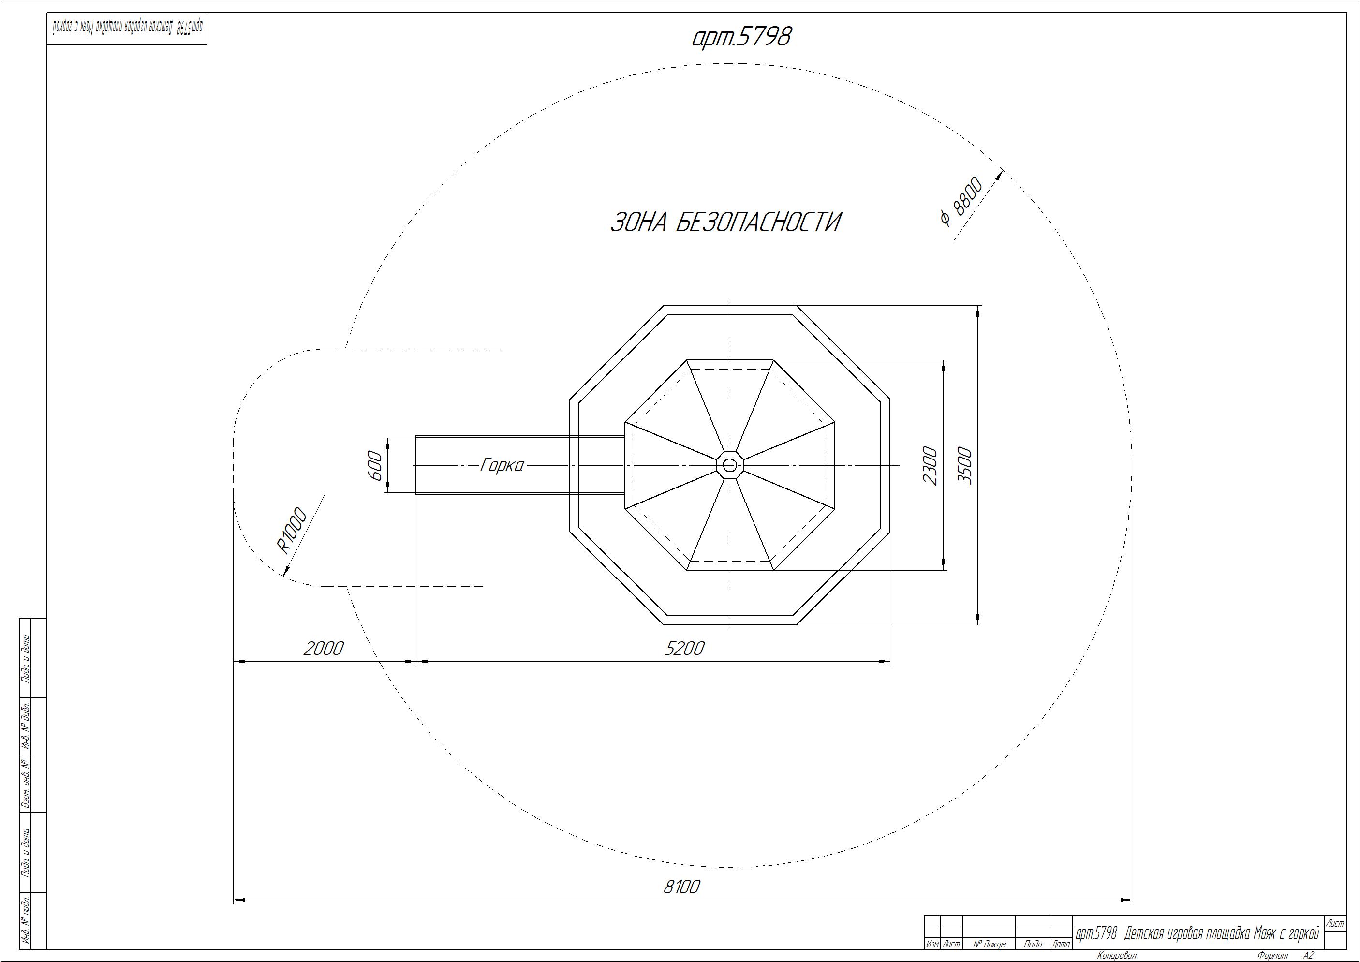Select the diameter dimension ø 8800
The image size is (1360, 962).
961,201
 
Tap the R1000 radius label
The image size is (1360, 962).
292,530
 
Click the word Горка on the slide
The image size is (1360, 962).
502,466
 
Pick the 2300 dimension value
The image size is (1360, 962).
931,466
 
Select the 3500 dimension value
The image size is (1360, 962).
965,466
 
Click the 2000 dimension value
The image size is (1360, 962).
324,648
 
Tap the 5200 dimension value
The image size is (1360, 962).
684,648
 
